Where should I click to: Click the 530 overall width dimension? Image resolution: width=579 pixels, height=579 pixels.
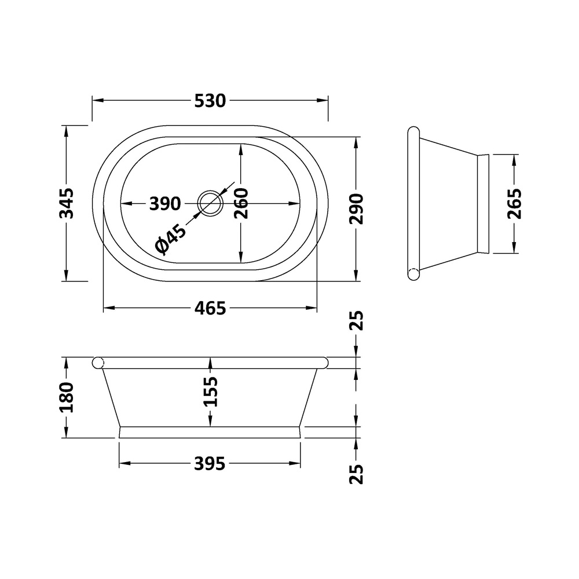point(210,101)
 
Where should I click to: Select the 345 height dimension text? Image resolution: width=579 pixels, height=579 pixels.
point(68,203)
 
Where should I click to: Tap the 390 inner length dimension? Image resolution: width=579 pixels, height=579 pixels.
point(165,204)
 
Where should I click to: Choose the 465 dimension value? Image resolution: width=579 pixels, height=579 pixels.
point(210,309)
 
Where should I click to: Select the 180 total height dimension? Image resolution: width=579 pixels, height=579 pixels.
point(68,397)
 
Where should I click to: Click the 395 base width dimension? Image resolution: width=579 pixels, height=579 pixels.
point(210,464)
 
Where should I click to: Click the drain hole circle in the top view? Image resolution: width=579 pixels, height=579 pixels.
point(210,203)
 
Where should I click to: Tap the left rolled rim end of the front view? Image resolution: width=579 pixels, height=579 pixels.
point(98,362)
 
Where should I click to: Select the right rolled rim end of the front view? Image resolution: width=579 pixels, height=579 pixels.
point(323,362)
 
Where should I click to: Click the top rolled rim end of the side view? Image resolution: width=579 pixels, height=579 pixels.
point(413,132)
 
